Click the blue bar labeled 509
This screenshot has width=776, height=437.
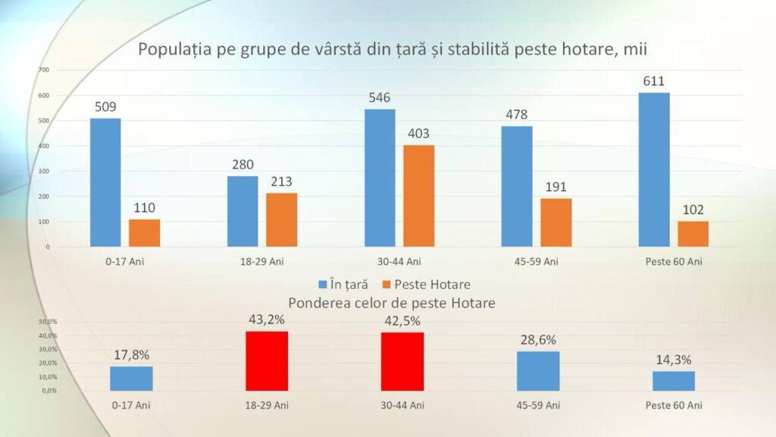pyautogui.click(x=105, y=182)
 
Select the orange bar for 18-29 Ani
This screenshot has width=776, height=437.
pyautogui.click(x=281, y=220)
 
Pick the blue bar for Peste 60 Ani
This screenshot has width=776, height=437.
pyautogui.click(x=654, y=169)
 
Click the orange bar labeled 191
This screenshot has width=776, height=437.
pyautogui.click(x=556, y=222)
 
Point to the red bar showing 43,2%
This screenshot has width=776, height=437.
pyautogui.click(x=267, y=360)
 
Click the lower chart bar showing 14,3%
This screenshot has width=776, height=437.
pyautogui.click(x=674, y=380)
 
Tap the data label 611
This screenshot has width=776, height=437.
pyautogui.click(x=653, y=80)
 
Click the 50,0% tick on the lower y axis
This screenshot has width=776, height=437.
pyautogui.click(x=48, y=322)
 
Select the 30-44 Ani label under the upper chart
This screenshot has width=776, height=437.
pyautogui.click(x=402, y=262)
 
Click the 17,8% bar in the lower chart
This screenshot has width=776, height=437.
pyautogui.click(x=131, y=378)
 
